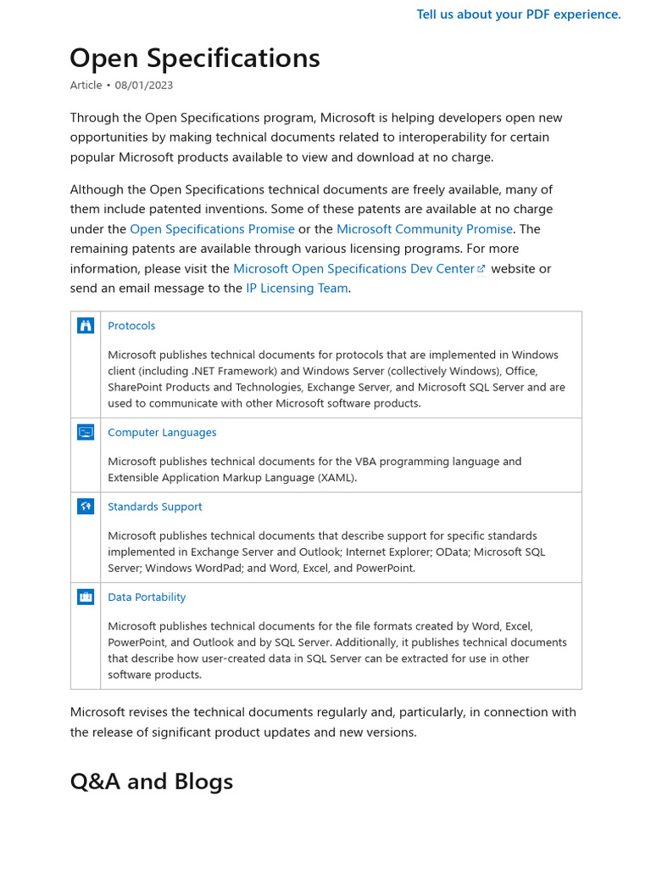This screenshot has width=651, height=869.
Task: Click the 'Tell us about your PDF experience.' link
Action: click(x=519, y=14)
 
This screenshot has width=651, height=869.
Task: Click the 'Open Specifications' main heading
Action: click(x=195, y=58)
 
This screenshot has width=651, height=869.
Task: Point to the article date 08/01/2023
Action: click(x=144, y=85)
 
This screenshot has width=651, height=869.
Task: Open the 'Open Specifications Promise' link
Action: click(x=212, y=229)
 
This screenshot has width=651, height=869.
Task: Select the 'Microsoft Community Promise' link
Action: click(x=424, y=229)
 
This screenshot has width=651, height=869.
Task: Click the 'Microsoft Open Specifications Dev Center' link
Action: click(x=353, y=268)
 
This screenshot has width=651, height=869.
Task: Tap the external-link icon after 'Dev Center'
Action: click(x=481, y=269)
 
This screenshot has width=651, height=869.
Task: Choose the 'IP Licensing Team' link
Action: click(x=297, y=288)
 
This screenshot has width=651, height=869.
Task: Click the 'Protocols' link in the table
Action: click(x=131, y=326)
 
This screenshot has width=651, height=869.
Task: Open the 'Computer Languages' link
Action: click(x=162, y=432)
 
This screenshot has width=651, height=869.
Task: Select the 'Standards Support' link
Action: click(x=154, y=507)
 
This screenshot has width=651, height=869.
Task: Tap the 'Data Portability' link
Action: click(x=147, y=597)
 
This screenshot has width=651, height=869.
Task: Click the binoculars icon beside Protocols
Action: click(x=86, y=326)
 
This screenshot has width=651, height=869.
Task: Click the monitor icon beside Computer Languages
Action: click(x=86, y=432)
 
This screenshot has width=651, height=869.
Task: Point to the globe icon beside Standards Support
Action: click(x=86, y=507)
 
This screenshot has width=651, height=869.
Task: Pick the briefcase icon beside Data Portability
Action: click(x=86, y=597)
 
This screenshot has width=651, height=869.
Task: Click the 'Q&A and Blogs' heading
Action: click(x=151, y=781)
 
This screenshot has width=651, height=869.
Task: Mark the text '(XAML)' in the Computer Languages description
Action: click(x=337, y=477)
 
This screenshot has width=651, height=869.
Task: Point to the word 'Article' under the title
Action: click(x=86, y=85)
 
